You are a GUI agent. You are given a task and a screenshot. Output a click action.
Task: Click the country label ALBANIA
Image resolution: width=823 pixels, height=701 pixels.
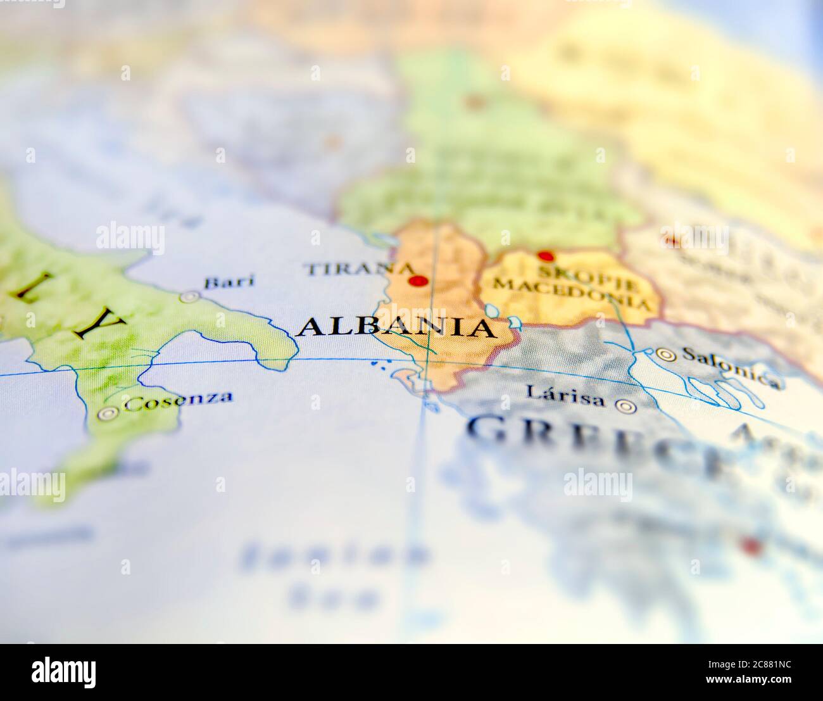(x=396, y=327)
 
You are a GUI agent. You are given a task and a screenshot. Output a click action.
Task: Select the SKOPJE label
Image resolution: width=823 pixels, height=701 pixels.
(x=557, y=271)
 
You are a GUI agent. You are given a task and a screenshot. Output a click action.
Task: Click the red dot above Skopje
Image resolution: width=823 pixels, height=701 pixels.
(x=545, y=256)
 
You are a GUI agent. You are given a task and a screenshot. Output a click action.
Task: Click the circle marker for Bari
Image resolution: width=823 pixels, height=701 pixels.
(x=189, y=296)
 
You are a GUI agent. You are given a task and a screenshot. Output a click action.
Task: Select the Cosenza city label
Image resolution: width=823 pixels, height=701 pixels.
(x=179, y=400)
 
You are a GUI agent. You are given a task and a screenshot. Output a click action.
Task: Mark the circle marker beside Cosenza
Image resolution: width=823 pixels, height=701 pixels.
(x=108, y=414)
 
